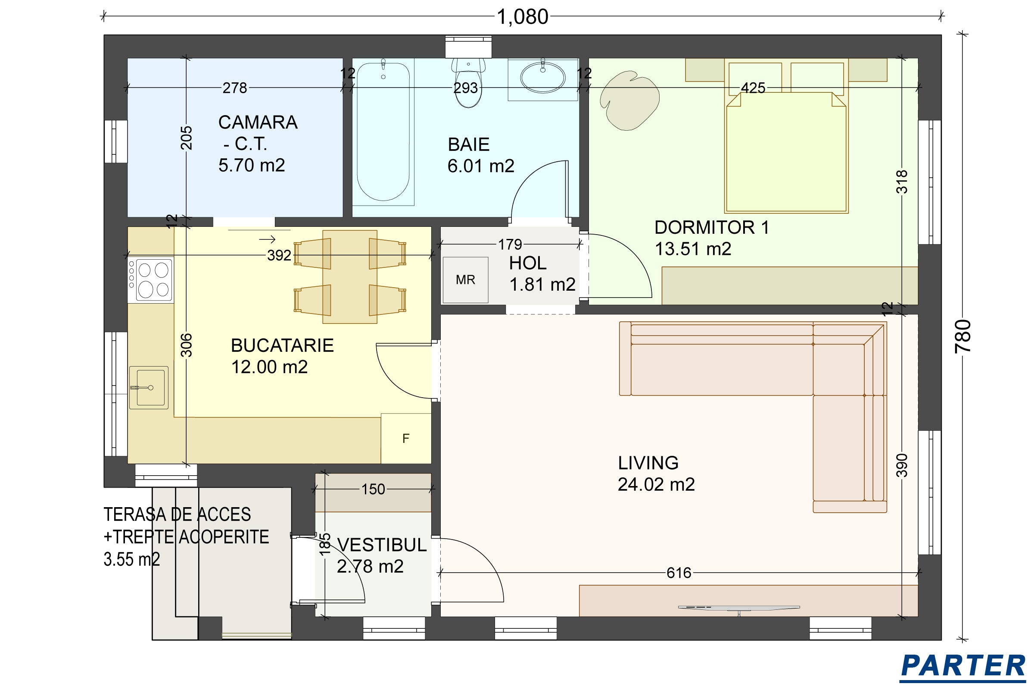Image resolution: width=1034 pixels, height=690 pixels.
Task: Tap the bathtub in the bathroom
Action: [383, 132]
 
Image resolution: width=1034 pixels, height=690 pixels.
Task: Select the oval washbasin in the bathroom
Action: [543, 78]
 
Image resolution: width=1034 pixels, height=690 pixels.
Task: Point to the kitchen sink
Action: [149, 388]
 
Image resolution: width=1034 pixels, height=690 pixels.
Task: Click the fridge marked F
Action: [406, 438]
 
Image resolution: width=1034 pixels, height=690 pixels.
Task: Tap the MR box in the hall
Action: [466, 280]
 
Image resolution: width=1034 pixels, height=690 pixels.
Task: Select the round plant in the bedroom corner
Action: [629, 103]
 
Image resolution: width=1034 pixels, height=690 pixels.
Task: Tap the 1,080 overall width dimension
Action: [522, 17]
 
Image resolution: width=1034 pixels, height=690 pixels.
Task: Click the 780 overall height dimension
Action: [963, 336]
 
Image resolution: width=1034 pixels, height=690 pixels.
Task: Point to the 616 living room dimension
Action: [679, 573]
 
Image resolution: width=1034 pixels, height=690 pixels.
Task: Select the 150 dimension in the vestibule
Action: [373, 489]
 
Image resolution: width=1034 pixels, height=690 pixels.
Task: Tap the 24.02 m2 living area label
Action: [656, 484]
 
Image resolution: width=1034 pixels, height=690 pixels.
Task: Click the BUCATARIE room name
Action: [282, 345]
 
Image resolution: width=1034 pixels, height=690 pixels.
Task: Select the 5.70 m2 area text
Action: [252, 166]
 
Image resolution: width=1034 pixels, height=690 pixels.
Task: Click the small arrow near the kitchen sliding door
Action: [267, 239]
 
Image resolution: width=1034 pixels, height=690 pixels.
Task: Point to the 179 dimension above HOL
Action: [510, 244]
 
